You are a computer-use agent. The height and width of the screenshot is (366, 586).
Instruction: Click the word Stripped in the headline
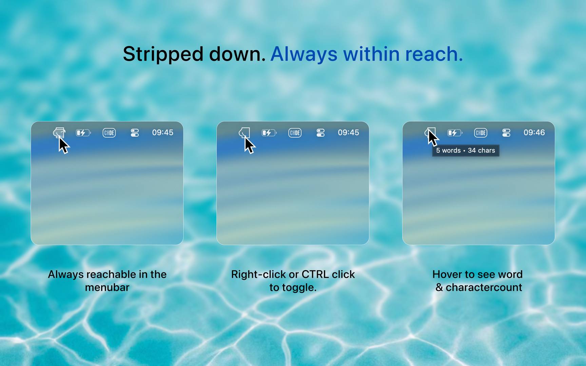click(163, 55)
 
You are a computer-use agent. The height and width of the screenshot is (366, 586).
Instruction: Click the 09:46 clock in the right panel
click(534, 133)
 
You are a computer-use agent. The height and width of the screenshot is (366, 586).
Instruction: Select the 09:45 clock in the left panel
click(162, 133)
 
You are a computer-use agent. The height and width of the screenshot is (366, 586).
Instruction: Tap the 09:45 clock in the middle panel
click(348, 133)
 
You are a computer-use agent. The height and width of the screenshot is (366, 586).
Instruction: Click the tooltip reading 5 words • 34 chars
click(466, 150)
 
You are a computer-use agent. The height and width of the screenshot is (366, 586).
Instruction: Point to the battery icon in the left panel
click(83, 133)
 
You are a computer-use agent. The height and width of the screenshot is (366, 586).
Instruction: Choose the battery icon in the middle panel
click(269, 133)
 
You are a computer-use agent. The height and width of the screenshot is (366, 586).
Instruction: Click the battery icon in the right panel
click(455, 133)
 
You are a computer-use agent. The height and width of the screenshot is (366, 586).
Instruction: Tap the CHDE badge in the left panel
click(109, 133)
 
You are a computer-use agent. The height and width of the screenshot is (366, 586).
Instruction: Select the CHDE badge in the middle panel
click(295, 133)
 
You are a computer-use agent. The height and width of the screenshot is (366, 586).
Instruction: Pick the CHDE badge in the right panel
click(481, 133)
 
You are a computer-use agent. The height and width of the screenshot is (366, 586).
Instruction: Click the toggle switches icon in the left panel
click(135, 133)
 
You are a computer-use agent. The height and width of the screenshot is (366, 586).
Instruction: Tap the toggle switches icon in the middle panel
click(320, 133)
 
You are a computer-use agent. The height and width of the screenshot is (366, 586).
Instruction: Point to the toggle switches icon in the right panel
click(506, 133)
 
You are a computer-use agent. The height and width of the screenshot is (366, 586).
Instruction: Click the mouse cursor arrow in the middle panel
click(249, 145)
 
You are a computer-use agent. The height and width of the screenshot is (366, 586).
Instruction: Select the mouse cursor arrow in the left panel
click(63, 145)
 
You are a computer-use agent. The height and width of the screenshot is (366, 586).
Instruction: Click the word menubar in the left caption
click(107, 287)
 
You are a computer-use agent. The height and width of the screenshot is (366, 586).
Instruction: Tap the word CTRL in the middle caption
click(315, 274)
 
